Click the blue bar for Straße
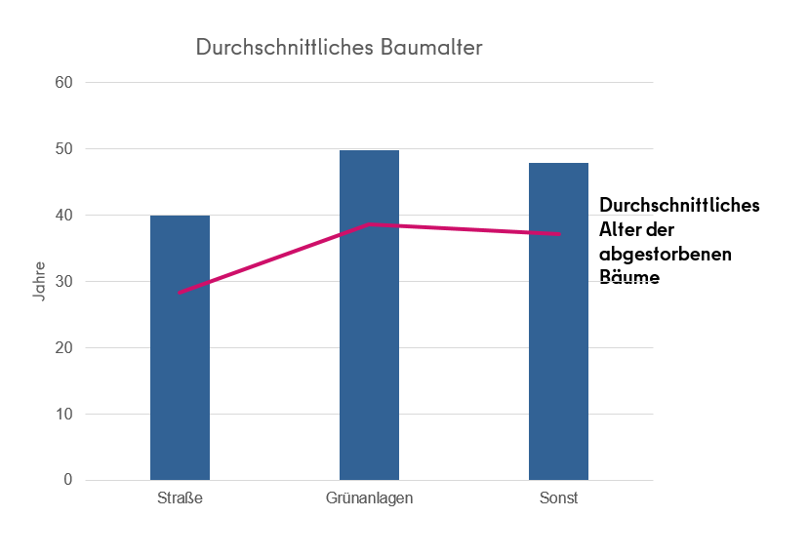click(180, 371)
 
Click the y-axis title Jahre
click(39, 281)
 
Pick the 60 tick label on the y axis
click(64, 83)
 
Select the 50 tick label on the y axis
click(64, 149)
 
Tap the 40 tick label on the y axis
click(64, 216)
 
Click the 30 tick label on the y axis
click(64, 282)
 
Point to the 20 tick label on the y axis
click(64, 348)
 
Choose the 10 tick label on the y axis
click(64, 415)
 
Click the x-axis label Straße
click(180, 498)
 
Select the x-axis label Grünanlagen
click(369, 498)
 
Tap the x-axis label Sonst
click(558, 498)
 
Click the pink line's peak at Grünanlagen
click(370, 224)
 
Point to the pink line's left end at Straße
click(180, 292)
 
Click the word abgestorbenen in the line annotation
click(666, 254)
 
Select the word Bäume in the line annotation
click(629, 277)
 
